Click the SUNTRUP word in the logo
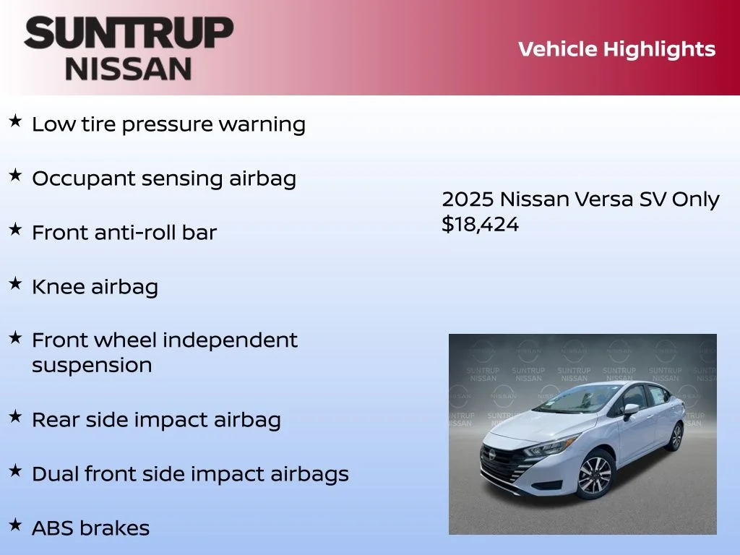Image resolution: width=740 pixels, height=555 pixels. click(x=129, y=35)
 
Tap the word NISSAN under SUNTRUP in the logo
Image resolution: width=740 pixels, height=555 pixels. click(x=129, y=69)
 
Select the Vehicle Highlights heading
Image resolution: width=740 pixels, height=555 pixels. click(x=616, y=49)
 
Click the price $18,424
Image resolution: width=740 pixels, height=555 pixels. click(x=480, y=225)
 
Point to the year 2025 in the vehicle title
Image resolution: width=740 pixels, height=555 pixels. click(x=468, y=199)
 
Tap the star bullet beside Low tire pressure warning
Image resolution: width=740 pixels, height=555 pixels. click(x=15, y=121)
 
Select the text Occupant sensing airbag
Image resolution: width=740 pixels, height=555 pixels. click(x=164, y=178)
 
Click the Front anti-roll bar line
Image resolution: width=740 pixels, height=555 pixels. click(x=124, y=233)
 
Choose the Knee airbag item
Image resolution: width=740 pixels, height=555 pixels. click(x=95, y=287)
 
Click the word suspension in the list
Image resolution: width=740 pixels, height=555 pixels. click(x=92, y=366)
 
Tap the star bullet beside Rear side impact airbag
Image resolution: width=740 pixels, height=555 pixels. click(x=15, y=417)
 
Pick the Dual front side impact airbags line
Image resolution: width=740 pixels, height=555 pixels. click(x=190, y=474)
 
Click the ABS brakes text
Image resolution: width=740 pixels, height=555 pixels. click(x=90, y=528)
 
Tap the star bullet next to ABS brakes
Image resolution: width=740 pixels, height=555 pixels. click(x=15, y=525)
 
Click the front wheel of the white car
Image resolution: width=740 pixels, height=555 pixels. click(x=594, y=475)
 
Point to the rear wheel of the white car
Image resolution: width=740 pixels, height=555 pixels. click(x=676, y=436)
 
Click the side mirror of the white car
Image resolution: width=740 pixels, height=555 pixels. click(x=631, y=410)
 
